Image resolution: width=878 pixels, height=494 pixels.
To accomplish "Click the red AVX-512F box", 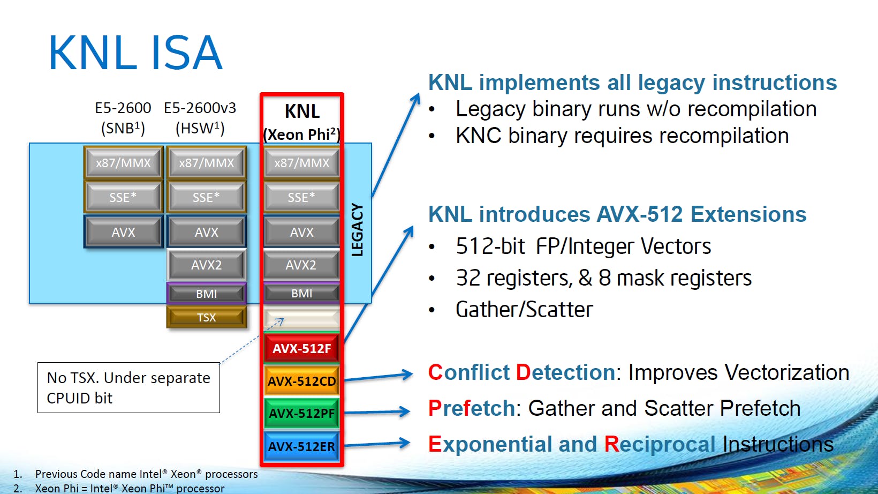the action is point(301,348).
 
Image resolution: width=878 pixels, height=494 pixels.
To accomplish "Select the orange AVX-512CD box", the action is point(301,380).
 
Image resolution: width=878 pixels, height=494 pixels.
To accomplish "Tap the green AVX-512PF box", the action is point(301,413).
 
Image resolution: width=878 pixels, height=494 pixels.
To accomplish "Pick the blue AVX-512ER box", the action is point(301,446).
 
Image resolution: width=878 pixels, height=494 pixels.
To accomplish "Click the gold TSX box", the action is point(207,317).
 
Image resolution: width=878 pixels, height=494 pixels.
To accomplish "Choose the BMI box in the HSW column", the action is point(207,294).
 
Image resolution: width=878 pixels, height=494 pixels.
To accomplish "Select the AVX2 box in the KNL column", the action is point(301,265).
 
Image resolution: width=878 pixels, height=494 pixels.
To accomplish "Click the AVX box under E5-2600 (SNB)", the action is point(123,232).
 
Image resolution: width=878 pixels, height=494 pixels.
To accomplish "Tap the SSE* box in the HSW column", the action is point(207,197).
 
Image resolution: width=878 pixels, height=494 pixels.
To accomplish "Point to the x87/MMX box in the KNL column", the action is point(301,162).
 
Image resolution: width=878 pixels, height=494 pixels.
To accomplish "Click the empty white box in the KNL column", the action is point(301,318).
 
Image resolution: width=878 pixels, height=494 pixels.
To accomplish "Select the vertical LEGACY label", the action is point(357,230).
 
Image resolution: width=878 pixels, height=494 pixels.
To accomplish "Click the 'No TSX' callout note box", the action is point(128,388).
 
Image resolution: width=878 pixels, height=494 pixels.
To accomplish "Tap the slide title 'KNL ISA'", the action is point(135,53).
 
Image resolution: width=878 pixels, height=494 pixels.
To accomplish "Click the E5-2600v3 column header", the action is point(200,118).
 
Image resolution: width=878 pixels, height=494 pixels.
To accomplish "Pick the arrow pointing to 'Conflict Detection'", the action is point(379,377).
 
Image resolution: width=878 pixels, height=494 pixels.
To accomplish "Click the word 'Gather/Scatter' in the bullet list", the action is point(525,310).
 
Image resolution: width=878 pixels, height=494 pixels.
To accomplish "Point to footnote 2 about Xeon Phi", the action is point(119,489).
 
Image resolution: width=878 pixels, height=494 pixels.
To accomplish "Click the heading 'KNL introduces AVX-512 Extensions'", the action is point(617,214).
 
